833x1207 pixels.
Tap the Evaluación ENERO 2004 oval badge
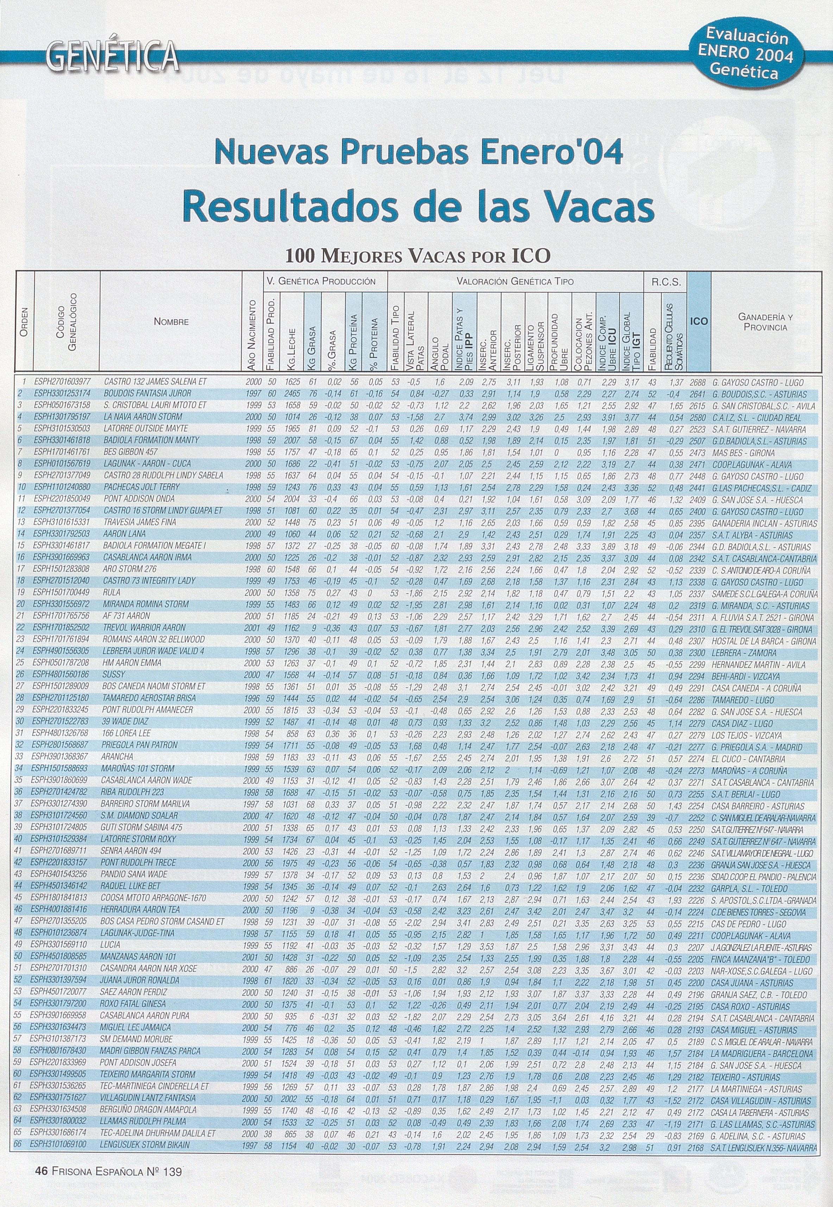747,54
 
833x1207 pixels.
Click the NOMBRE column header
171,322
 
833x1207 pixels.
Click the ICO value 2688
698,383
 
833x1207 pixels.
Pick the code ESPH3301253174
62,394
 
